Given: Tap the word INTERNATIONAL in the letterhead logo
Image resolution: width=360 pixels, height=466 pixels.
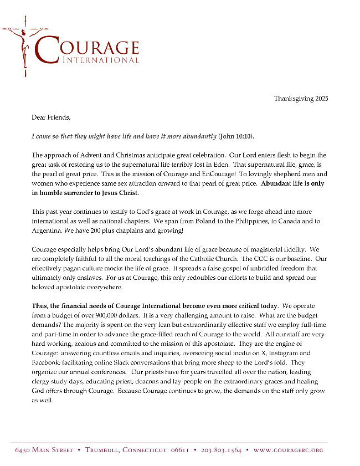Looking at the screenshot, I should (x=101, y=59).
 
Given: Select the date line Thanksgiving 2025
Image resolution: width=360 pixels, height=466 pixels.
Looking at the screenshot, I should (x=301, y=99).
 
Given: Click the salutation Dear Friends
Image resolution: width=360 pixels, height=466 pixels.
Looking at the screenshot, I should (x=52, y=117).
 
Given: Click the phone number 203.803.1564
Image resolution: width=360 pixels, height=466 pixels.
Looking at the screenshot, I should (x=221, y=450).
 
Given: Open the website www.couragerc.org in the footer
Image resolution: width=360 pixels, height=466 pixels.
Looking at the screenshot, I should (x=288, y=450).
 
